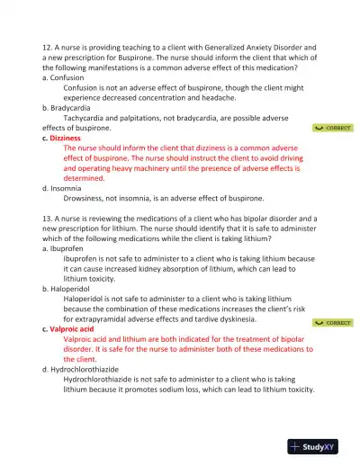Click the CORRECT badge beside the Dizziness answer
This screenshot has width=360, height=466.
coord(333,129)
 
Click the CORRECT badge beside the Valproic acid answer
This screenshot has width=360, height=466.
coord(333,322)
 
